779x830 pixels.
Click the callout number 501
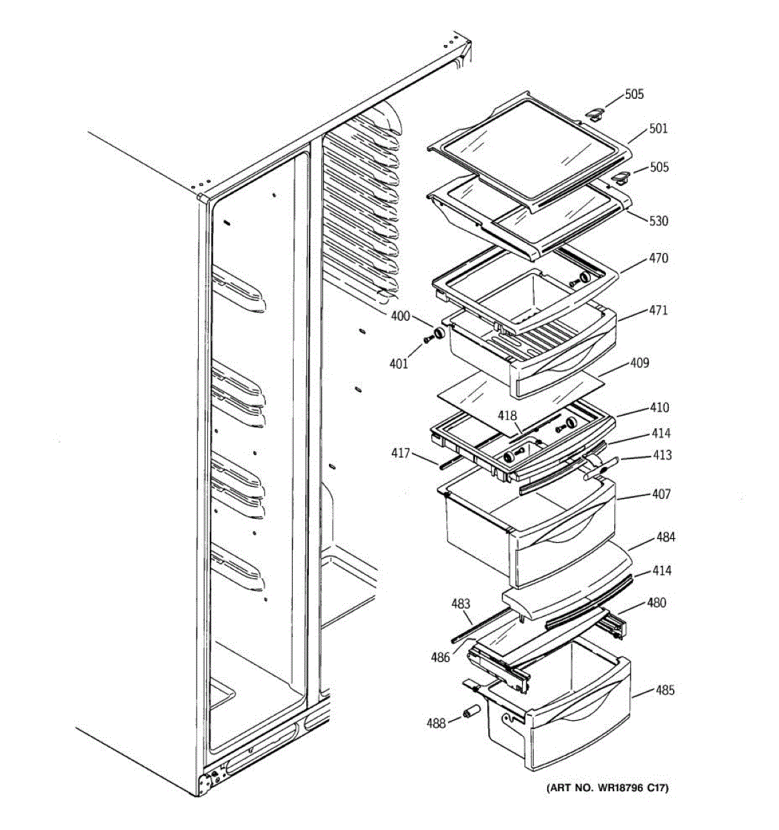(x=659, y=129)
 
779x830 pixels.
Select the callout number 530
(x=659, y=221)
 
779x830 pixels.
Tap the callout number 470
(x=659, y=258)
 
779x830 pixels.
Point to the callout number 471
(x=659, y=311)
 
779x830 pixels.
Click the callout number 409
(x=639, y=362)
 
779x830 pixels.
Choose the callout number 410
(x=659, y=407)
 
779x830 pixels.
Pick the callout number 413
(x=661, y=455)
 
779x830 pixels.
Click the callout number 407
(x=661, y=495)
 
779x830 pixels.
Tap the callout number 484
(x=666, y=537)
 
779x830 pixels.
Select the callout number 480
(x=656, y=602)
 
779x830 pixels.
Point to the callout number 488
(x=436, y=724)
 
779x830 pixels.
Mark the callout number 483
(x=461, y=604)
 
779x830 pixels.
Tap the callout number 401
(x=399, y=364)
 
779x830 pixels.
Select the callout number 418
(x=508, y=416)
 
